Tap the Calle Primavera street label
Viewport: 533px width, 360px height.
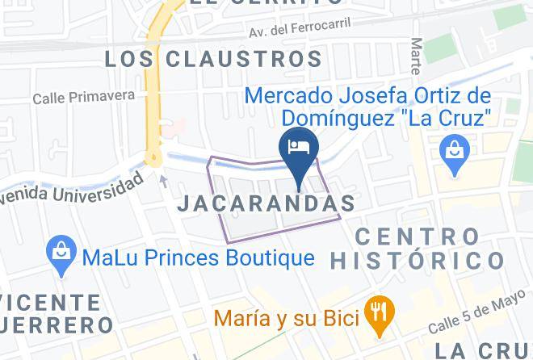pyautogui.click(x=84, y=98)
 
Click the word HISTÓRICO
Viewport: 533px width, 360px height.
pyautogui.click(x=417, y=261)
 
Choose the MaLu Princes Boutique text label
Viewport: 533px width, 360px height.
pyautogui.click(x=198, y=258)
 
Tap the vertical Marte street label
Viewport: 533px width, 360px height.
pyautogui.click(x=416, y=57)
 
